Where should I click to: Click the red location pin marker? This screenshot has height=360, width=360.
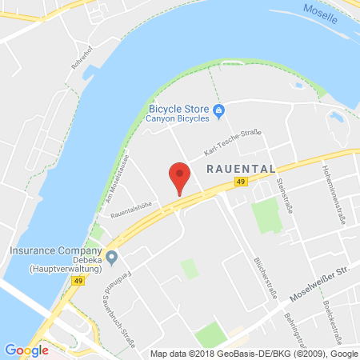point(180,177)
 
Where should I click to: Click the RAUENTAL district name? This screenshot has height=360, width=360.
point(241,169)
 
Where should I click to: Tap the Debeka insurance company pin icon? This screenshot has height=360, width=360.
point(112,257)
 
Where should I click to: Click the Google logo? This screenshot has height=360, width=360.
point(26,350)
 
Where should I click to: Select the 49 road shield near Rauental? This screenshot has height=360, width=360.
point(241,182)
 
